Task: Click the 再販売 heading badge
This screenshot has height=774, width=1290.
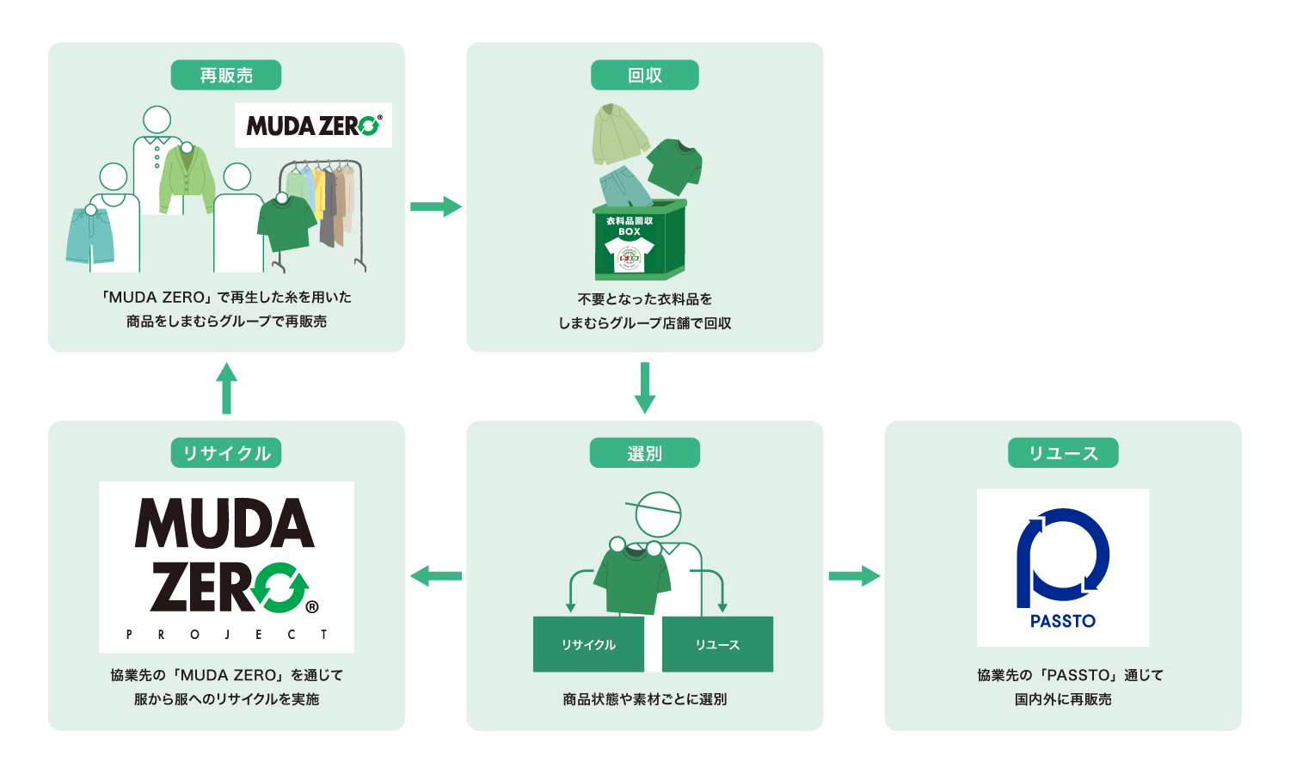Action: click(x=226, y=76)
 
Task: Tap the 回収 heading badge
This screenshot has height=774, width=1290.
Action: click(x=644, y=76)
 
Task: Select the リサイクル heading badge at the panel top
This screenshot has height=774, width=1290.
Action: click(x=226, y=453)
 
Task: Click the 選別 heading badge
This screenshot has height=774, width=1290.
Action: click(x=644, y=453)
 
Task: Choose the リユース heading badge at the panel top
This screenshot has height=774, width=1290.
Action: click(x=1063, y=453)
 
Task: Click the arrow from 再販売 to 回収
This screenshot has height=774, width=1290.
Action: click(x=436, y=206)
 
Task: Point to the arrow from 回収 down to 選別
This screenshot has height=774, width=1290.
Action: click(x=644, y=388)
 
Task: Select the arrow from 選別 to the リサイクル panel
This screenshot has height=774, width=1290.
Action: click(x=436, y=575)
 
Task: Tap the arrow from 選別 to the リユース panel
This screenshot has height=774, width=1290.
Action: click(x=854, y=575)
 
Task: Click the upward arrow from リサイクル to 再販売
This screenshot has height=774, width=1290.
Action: click(x=226, y=388)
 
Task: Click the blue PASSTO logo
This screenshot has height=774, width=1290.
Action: click(x=1063, y=568)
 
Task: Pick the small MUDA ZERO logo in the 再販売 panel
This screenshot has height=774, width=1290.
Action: click(x=313, y=126)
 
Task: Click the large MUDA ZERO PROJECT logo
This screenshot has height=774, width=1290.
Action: click(x=226, y=567)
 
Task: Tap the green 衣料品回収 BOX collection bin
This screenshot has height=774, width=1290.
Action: click(x=638, y=241)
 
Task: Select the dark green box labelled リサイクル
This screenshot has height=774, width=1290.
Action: click(x=588, y=644)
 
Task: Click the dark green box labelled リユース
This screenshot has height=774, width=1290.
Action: click(x=717, y=644)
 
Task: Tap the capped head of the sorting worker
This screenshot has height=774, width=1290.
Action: click(x=657, y=514)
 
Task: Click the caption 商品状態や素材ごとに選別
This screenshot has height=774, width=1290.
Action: click(x=644, y=699)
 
